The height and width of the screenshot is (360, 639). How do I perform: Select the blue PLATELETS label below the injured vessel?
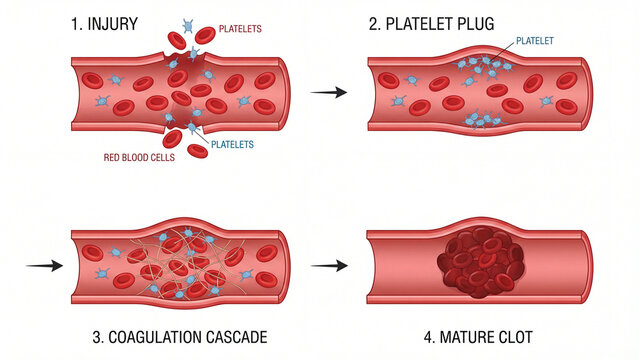232,144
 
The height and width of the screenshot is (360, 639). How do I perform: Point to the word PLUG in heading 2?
475,22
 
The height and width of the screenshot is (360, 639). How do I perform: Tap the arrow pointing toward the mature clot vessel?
329,266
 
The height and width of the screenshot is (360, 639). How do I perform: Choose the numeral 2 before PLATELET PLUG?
372,22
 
